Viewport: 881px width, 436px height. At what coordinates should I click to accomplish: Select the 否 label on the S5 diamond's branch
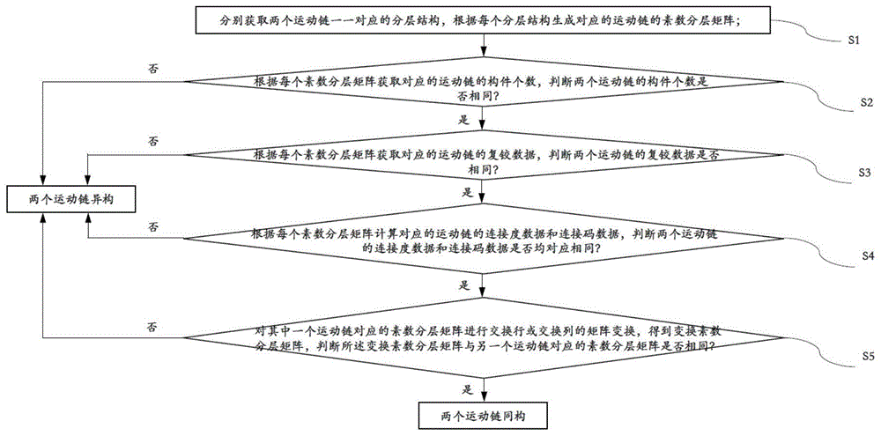(x=153, y=328)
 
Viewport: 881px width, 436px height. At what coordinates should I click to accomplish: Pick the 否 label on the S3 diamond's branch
(x=153, y=141)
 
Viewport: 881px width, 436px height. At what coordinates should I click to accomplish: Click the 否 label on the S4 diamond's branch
(x=153, y=227)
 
